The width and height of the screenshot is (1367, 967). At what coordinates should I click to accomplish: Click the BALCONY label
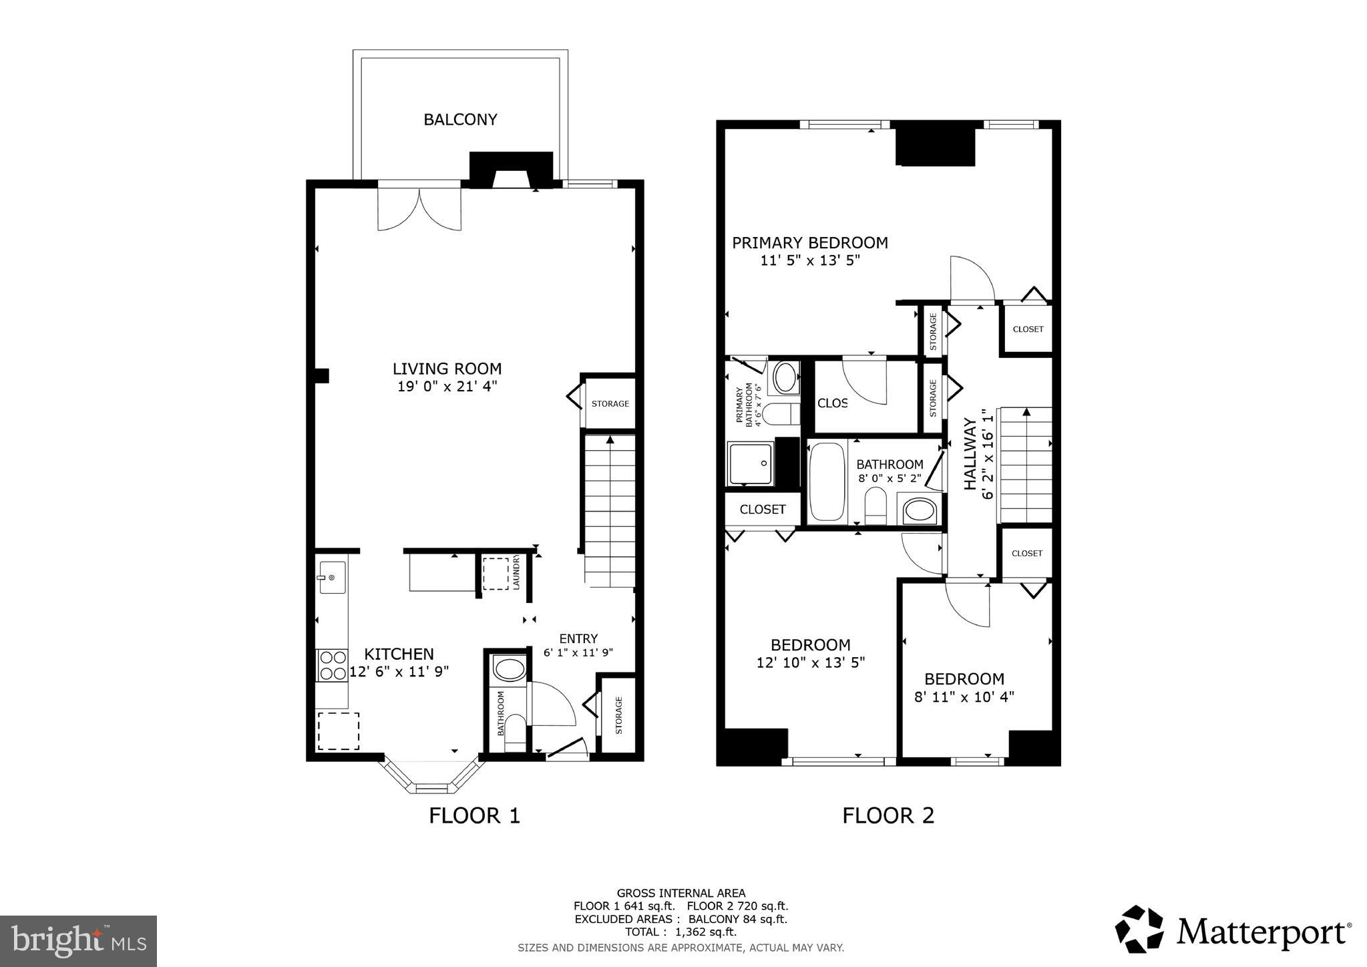(460, 120)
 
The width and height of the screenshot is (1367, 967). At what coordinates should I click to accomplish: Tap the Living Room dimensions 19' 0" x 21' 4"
(447, 386)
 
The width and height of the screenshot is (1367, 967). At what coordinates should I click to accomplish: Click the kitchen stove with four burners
(332, 664)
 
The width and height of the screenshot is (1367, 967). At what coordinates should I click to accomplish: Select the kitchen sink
(332, 577)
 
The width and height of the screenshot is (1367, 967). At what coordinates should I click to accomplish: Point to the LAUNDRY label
(516, 572)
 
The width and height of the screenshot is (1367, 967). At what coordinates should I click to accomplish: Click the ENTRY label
(578, 638)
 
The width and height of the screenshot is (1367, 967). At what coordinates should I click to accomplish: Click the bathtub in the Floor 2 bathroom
(827, 481)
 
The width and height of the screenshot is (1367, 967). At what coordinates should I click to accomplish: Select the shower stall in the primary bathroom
(750, 463)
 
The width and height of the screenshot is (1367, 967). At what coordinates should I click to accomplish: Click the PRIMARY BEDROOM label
(809, 242)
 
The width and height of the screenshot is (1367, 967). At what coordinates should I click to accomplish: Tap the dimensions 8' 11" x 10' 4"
(964, 697)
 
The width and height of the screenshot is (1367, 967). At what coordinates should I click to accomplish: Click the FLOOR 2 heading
(888, 815)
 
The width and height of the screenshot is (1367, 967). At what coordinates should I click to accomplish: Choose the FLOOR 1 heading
(474, 815)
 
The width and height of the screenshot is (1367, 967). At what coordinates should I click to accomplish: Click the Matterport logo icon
(1139, 929)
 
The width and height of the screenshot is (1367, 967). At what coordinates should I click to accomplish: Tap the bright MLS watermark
(78, 941)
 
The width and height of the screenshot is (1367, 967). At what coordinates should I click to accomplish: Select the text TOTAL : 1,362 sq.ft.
(680, 932)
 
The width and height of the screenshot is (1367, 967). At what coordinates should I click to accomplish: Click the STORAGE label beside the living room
(610, 403)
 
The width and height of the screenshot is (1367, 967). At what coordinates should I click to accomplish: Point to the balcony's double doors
(419, 208)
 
